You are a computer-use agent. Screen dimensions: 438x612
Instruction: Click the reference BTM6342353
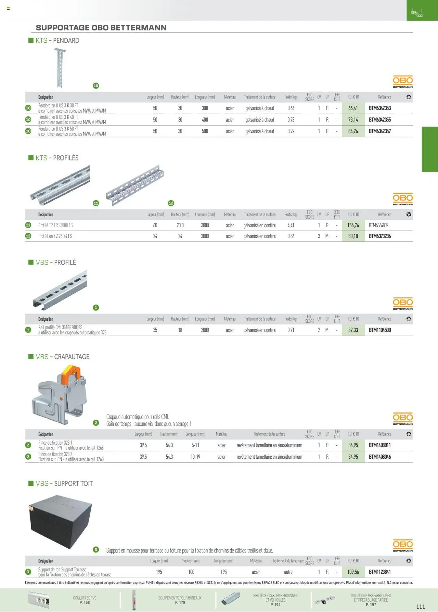coord(380,108)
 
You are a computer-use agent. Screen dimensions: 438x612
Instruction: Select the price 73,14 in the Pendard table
coord(353,120)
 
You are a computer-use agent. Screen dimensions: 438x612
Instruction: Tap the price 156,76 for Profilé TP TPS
coord(353,225)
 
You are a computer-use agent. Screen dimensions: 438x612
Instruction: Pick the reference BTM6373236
coord(380,236)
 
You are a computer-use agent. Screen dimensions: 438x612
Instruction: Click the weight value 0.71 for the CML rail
coord(291,330)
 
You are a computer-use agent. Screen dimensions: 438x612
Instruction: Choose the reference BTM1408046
coord(380,457)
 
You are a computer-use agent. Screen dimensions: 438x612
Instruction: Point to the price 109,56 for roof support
coord(353,572)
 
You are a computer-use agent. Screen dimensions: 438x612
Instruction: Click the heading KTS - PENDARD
coord(57,40)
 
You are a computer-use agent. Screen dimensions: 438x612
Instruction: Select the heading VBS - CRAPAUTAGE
coord(63,357)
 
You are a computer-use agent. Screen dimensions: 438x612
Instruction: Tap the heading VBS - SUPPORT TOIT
coord(64,483)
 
